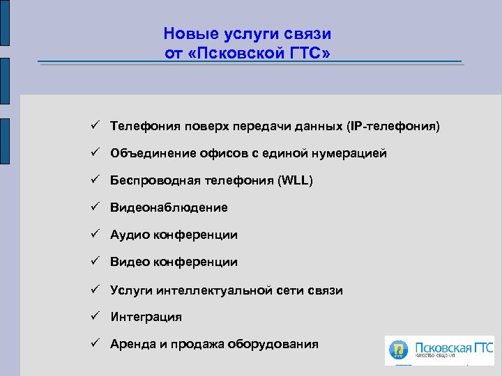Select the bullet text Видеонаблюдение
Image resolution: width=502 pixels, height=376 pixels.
(x=169, y=207)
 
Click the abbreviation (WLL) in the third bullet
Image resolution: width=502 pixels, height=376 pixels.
(x=295, y=180)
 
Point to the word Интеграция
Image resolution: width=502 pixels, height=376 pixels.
(x=146, y=317)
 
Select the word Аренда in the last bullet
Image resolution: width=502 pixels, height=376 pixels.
(x=132, y=344)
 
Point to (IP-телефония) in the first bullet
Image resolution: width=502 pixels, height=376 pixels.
(x=393, y=126)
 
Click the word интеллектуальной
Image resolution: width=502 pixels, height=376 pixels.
(x=213, y=290)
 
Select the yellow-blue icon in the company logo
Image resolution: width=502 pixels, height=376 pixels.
(x=400, y=350)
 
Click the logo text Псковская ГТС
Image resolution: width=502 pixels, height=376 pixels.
(x=453, y=346)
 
